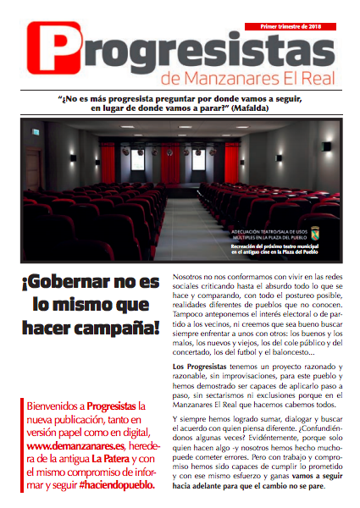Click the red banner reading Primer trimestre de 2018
tap(291, 26)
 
